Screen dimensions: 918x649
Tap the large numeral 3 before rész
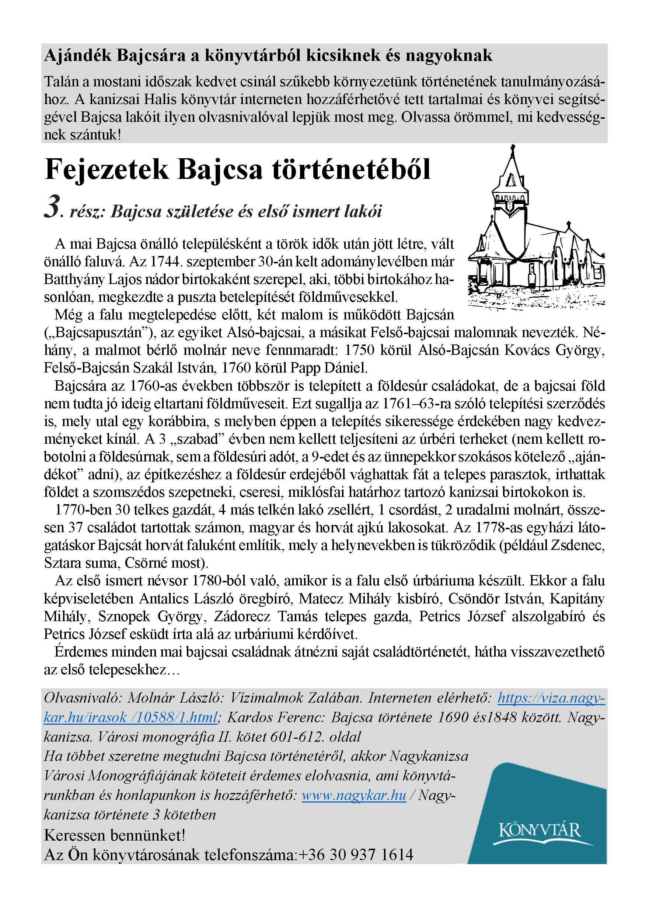52,207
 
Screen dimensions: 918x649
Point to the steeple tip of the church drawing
513,147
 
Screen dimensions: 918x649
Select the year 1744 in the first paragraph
166,261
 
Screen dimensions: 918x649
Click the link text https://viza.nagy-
551,698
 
